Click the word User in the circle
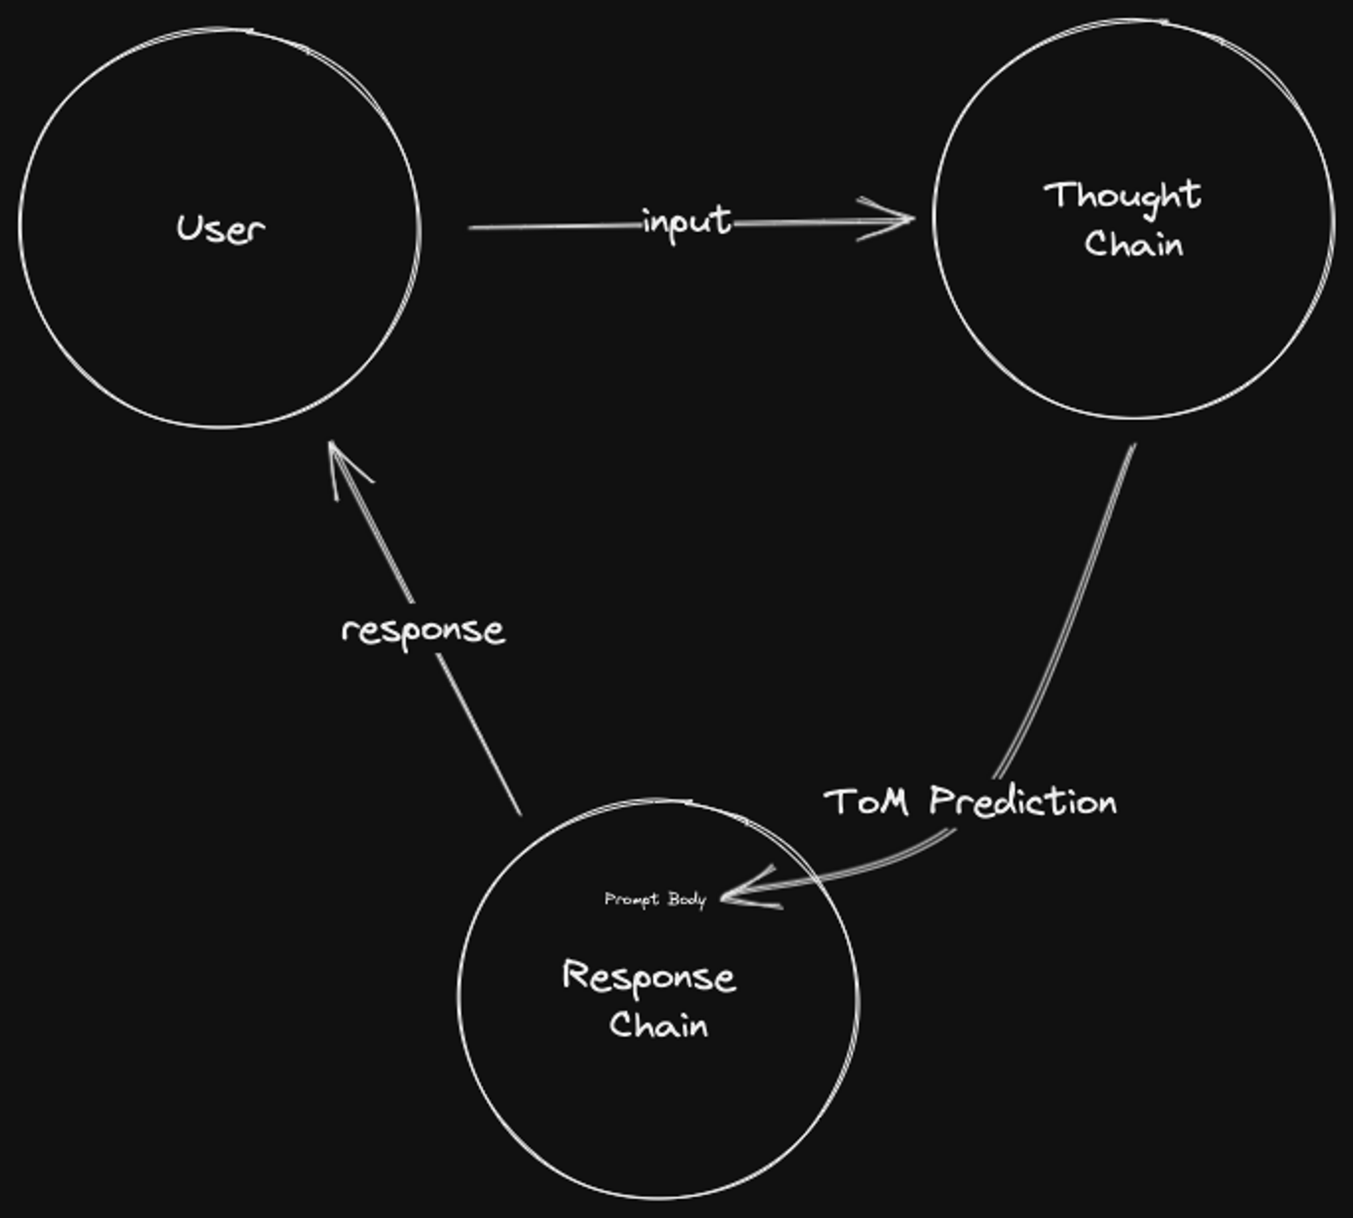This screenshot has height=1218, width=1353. pyautogui.click(x=221, y=229)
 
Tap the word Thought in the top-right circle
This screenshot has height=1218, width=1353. pyautogui.click(x=1123, y=196)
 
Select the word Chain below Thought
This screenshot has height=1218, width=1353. pyautogui.click(x=1134, y=244)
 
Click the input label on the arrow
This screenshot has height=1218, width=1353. pyautogui.click(x=687, y=222)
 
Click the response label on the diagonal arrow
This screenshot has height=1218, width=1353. pyautogui.click(x=423, y=632)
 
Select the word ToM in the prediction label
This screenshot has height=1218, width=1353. pyautogui.click(x=866, y=802)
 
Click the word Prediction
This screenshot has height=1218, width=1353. pyautogui.click(x=1023, y=802)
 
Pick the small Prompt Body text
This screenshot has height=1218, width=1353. pyautogui.click(x=655, y=899)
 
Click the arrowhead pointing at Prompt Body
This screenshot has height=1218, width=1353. pyautogui.click(x=731, y=897)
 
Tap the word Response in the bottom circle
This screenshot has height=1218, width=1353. pyautogui.click(x=649, y=977)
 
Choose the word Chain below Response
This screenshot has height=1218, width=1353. pyautogui.click(x=658, y=1025)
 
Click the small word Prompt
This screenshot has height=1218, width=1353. pyautogui.click(x=630, y=899)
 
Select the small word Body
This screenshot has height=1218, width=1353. pyautogui.click(x=687, y=899)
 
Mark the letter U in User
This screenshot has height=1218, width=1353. pyautogui.click(x=188, y=228)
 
